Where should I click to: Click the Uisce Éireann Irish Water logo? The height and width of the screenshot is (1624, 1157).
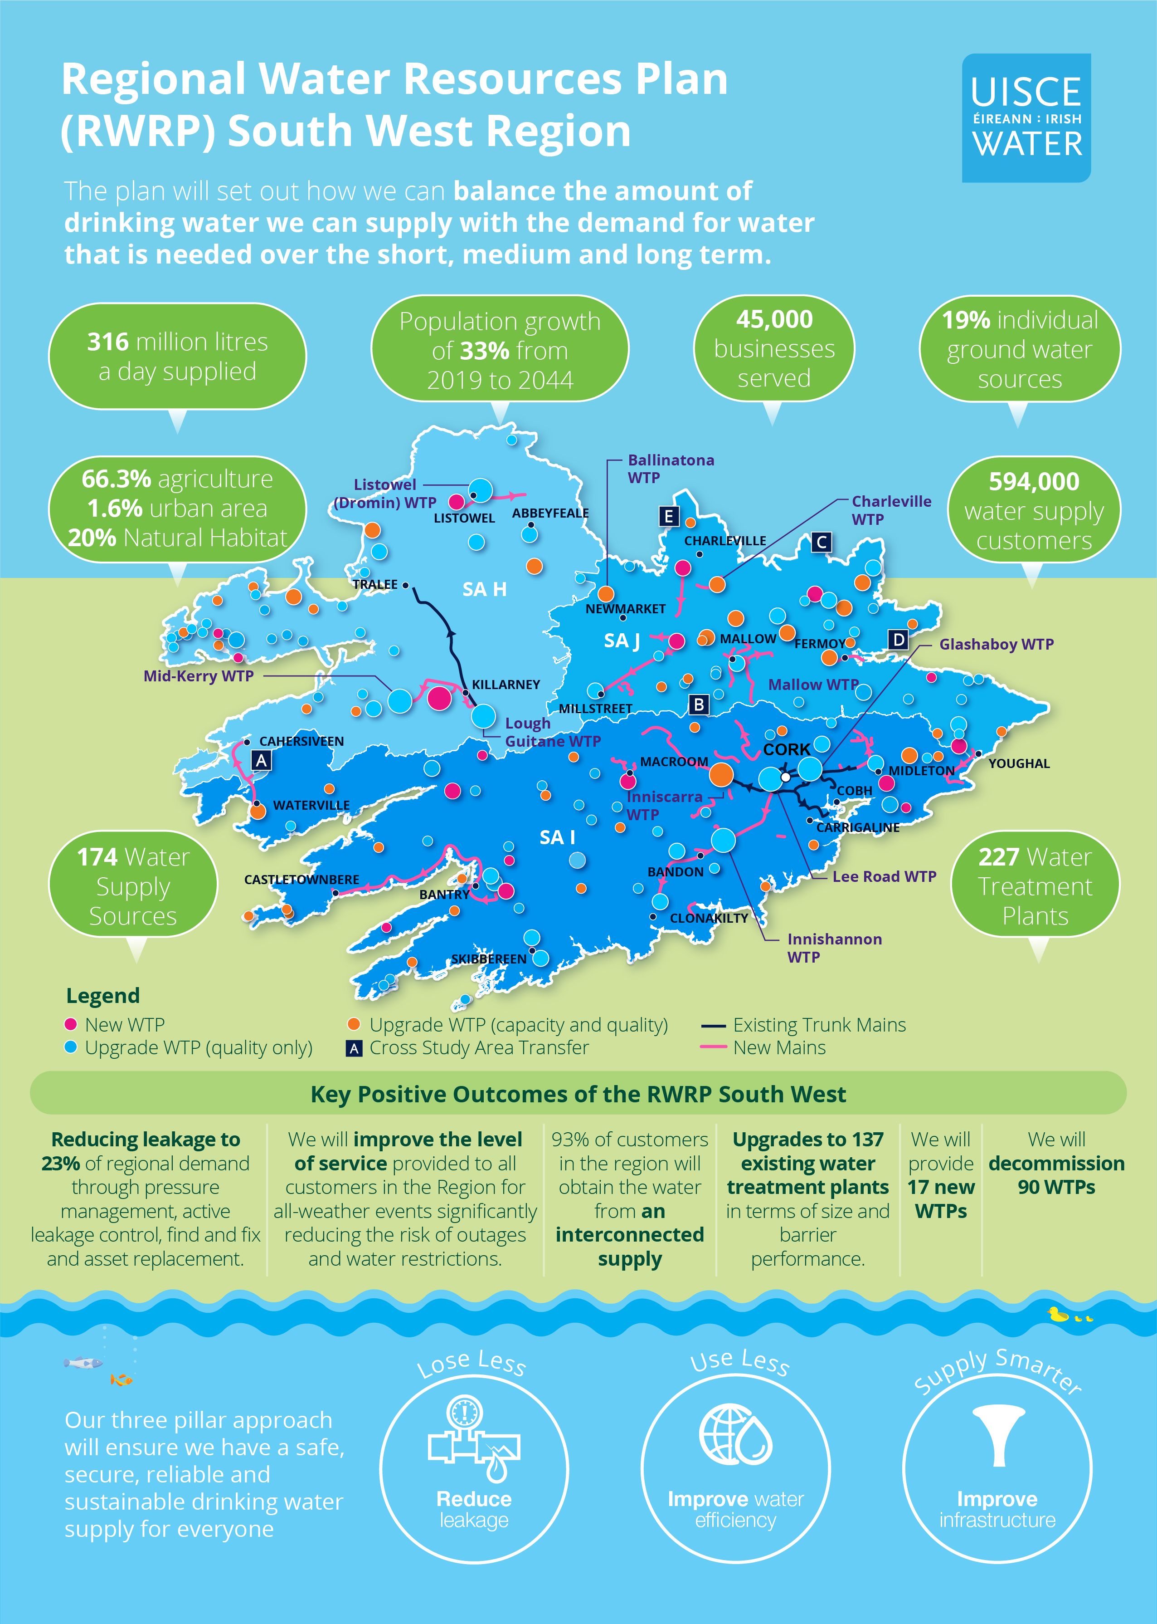coord(1026,117)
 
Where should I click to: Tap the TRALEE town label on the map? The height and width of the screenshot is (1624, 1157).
coord(375,585)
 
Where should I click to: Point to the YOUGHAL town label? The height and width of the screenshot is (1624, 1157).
coord(1019,763)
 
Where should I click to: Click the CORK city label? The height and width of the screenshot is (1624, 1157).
coord(787,749)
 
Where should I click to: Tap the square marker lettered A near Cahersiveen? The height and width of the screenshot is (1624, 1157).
coord(262,761)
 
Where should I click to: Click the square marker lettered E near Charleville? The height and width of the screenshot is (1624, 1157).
coord(668,516)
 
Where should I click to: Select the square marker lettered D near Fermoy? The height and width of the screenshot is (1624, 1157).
coord(899,640)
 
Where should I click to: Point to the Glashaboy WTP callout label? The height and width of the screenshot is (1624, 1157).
coord(996,645)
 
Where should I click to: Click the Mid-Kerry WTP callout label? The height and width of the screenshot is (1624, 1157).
coord(198,676)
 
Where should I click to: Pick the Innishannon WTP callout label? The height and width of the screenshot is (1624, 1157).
coord(834,948)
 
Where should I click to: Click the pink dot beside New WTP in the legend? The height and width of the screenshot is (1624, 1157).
coord(71,1024)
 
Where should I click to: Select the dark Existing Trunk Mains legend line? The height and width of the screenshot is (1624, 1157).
coord(713,1026)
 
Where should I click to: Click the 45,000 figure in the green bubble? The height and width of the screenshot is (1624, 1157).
coord(774,319)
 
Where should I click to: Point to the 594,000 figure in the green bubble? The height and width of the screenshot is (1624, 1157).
coord(1033,482)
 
